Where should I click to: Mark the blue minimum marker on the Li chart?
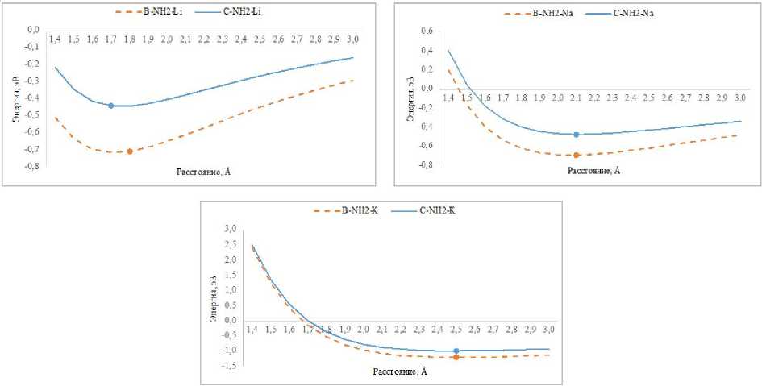[110, 106]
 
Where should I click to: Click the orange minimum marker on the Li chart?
[129, 151]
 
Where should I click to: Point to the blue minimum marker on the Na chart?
[576, 135]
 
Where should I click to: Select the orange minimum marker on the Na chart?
[576, 155]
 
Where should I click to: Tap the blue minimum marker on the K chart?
[456, 351]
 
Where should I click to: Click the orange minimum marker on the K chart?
[456, 357]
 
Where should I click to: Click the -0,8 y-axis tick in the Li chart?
[33, 168]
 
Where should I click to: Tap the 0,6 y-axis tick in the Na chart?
[427, 31]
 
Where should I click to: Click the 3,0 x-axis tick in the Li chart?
[352, 39]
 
